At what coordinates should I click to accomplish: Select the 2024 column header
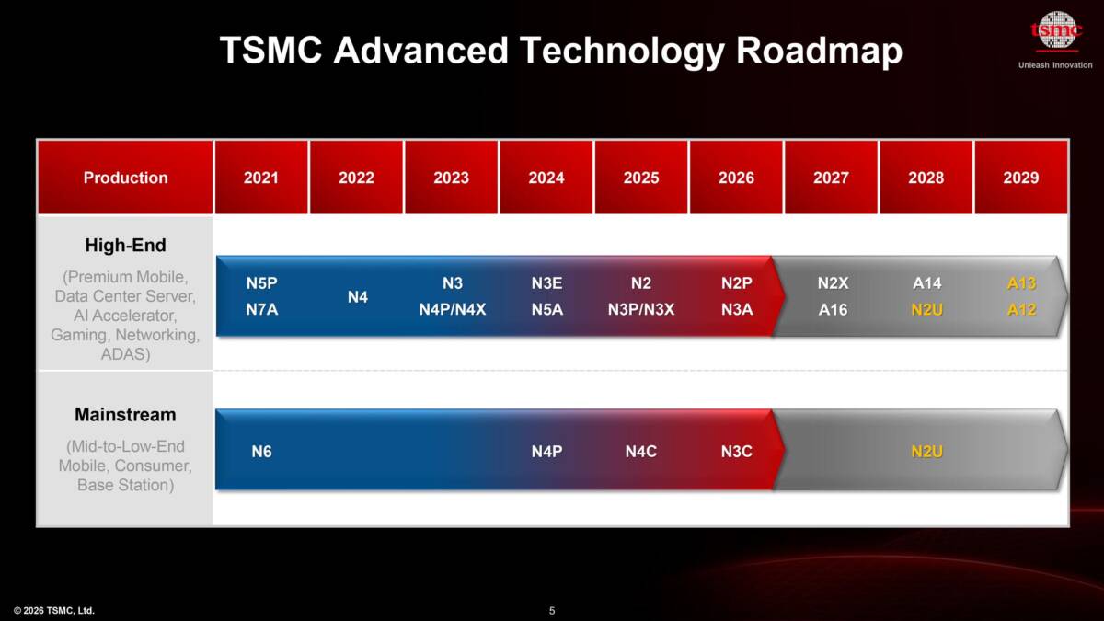pyautogui.click(x=546, y=178)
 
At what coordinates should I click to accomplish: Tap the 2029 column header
pyautogui.click(x=1021, y=178)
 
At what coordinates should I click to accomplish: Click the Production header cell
pyautogui.click(x=125, y=178)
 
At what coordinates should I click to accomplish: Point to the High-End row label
pyautogui.click(x=125, y=246)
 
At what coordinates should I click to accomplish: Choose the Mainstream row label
pyautogui.click(x=125, y=415)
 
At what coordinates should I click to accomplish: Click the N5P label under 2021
pyautogui.click(x=262, y=283)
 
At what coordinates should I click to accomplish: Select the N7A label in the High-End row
pyautogui.click(x=262, y=309)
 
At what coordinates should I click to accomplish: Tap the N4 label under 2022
pyautogui.click(x=358, y=297)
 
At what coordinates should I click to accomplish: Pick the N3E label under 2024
pyautogui.click(x=546, y=283)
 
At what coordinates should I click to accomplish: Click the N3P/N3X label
pyautogui.click(x=641, y=309)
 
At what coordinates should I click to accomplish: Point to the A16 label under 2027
pyautogui.click(x=833, y=309)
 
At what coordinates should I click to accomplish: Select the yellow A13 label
pyautogui.click(x=1021, y=283)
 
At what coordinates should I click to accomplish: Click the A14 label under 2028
pyautogui.click(x=926, y=283)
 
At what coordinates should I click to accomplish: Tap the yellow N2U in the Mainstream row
pyautogui.click(x=926, y=451)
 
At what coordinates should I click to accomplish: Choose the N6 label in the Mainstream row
pyautogui.click(x=262, y=451)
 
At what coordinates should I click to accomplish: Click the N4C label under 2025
pyautogui.click(x=641, y=451)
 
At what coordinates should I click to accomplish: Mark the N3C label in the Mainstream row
pyautogui.click(x=737, y=451)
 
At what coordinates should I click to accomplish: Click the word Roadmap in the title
pyautogui.click(x=819, y=52)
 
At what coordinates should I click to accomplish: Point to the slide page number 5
pyautogui.click(x=552, y=610)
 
